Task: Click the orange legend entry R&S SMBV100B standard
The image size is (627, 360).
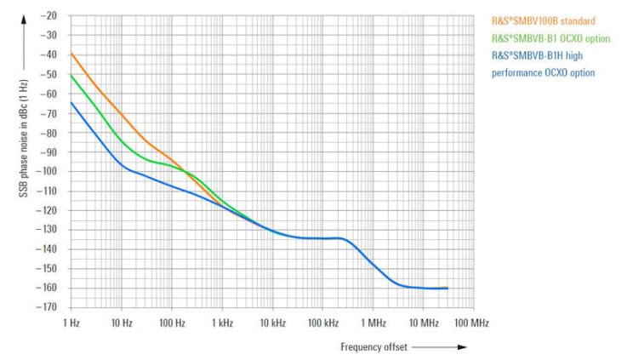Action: [x=543, y=20]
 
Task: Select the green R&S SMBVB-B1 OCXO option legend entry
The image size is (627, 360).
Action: [x=550, y=38]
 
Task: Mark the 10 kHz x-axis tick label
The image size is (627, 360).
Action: [x=271, y=323]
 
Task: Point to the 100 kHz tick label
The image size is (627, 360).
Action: [x=322, y=323]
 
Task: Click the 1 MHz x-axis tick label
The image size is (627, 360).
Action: [x=373, y=323]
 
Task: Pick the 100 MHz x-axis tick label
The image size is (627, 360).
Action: [x=472, y=323]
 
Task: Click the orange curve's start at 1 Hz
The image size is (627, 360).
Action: [x=71, y=54]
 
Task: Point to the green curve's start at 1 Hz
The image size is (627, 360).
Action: [x=71, y=75]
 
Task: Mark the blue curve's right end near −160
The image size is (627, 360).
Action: [x=447, y=288]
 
